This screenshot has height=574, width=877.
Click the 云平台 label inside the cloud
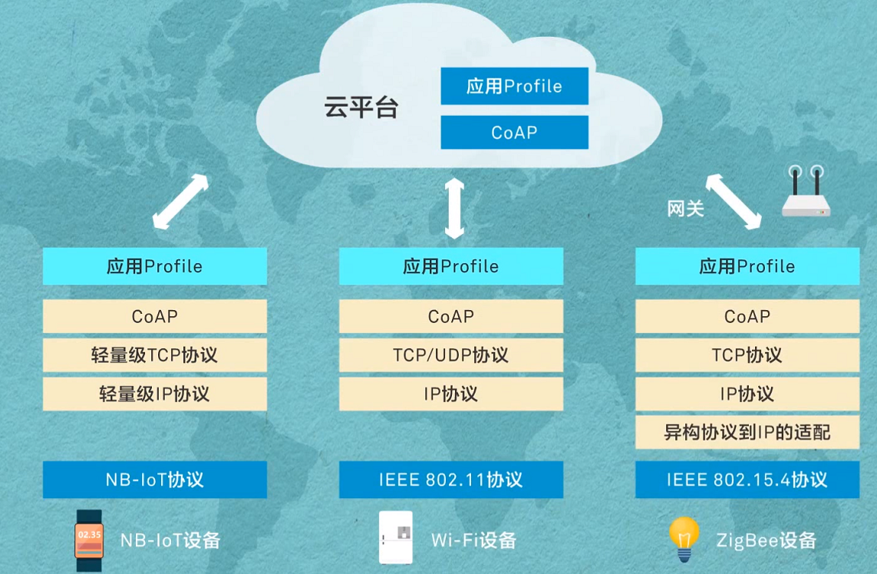[x=361, y=107]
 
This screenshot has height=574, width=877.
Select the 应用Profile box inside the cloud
[x=514, y=86]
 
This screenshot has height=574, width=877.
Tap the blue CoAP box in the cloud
[x=514, y=132]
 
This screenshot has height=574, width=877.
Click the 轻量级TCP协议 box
[x=154, y=355]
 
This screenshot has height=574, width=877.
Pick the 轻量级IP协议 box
[x=154, y=394]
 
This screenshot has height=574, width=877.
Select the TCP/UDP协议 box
[x=450, y=355]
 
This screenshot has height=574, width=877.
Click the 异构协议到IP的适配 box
[x=747, y=433]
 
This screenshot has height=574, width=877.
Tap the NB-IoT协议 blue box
[x=154, y=480]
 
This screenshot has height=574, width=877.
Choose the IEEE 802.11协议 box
[x=450, y=480]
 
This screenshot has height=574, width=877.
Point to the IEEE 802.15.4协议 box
[x=747, y=480]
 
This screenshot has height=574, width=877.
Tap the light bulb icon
[x=684, y=537]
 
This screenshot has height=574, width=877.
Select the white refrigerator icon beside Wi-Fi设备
[x=396, y=537]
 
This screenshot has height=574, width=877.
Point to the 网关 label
[x=685, y=208]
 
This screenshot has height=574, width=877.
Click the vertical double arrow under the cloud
[x=454, y=207]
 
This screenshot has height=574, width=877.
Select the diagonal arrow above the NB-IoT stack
[x=180, y=202]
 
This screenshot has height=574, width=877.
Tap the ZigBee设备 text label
[x=766, y=539]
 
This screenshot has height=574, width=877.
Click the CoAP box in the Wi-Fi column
[x=450, y=316]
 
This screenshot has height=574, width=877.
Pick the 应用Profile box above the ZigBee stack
[x=747, y=266]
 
